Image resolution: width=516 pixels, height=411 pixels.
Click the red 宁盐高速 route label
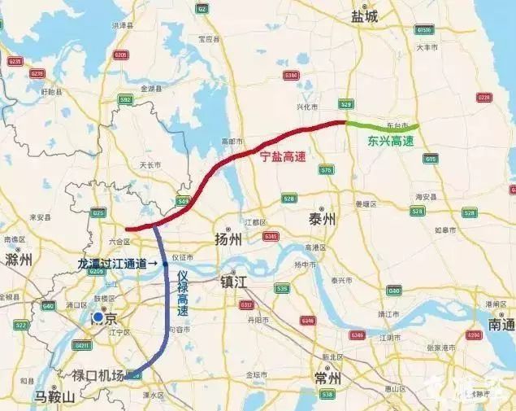(282, 156)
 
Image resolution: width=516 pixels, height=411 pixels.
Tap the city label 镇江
(238, 281)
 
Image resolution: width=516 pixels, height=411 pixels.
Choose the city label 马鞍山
(54, 397)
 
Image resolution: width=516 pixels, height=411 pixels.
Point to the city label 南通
(501, 325)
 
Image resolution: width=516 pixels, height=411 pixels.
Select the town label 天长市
(151, 164)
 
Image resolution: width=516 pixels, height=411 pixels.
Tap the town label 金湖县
(153, 88)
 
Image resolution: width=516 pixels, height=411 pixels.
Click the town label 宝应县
(209, 38)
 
